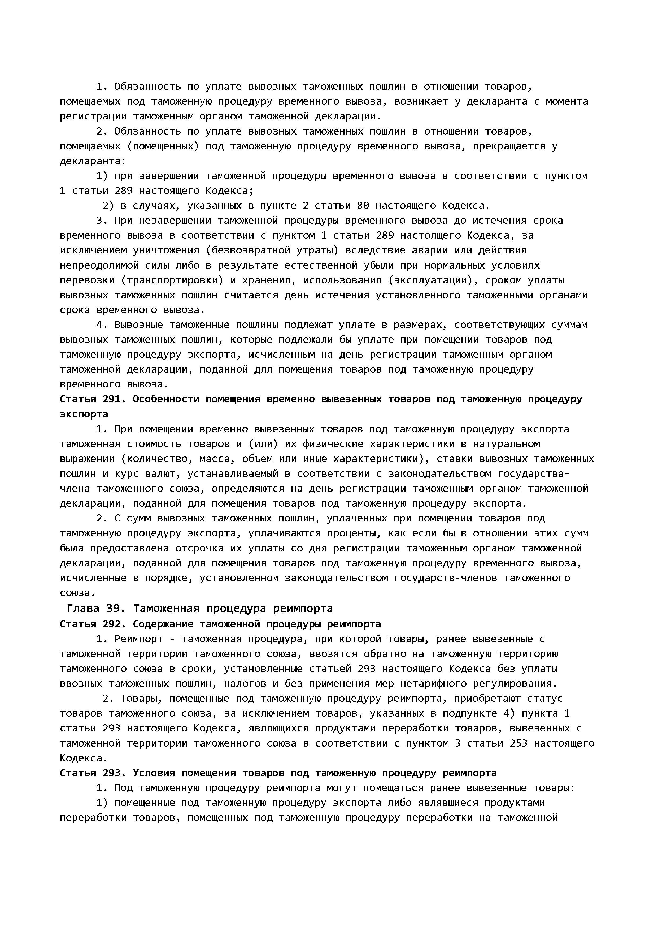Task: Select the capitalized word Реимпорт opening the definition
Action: pyautogui.click(x=138, y=639)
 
